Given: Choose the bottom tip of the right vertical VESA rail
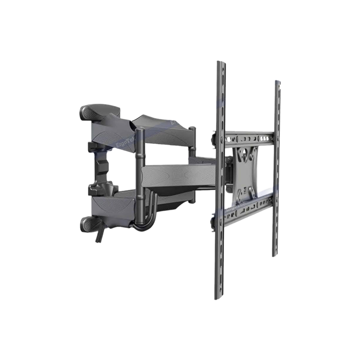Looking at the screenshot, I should [x=275, y=255].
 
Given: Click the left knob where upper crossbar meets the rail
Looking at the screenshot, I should [x=214, y=135].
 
